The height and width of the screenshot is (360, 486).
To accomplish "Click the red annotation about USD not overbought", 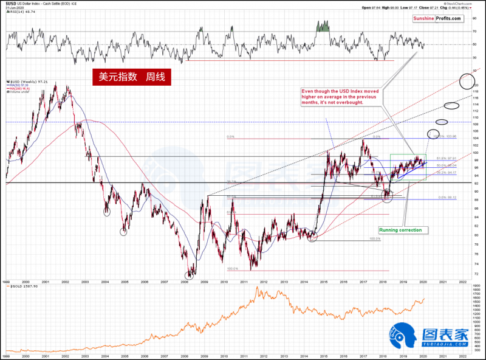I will [341, 97].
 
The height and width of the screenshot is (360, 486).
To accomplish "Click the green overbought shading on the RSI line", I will [323, 26].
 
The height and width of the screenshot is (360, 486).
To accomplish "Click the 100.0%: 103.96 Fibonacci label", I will [443, 136].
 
